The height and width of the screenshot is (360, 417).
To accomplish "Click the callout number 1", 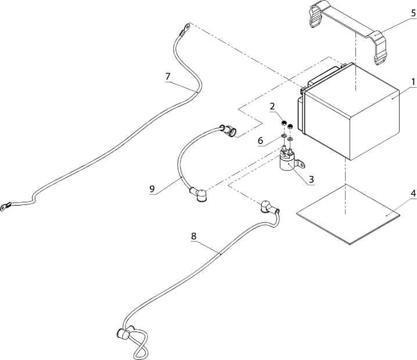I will [x=412, y=81].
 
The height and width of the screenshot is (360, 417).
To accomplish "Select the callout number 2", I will [x=272, y=107].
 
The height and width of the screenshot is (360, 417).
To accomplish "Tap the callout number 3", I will [x=312, y=180].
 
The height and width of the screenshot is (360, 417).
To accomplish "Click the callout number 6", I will [x=261, y=140].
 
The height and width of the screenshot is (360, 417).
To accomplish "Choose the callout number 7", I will [x=168, y=76].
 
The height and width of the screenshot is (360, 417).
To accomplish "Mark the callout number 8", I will [x=193, y=236].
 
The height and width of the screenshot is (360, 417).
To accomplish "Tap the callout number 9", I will [x=152, y=188].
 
